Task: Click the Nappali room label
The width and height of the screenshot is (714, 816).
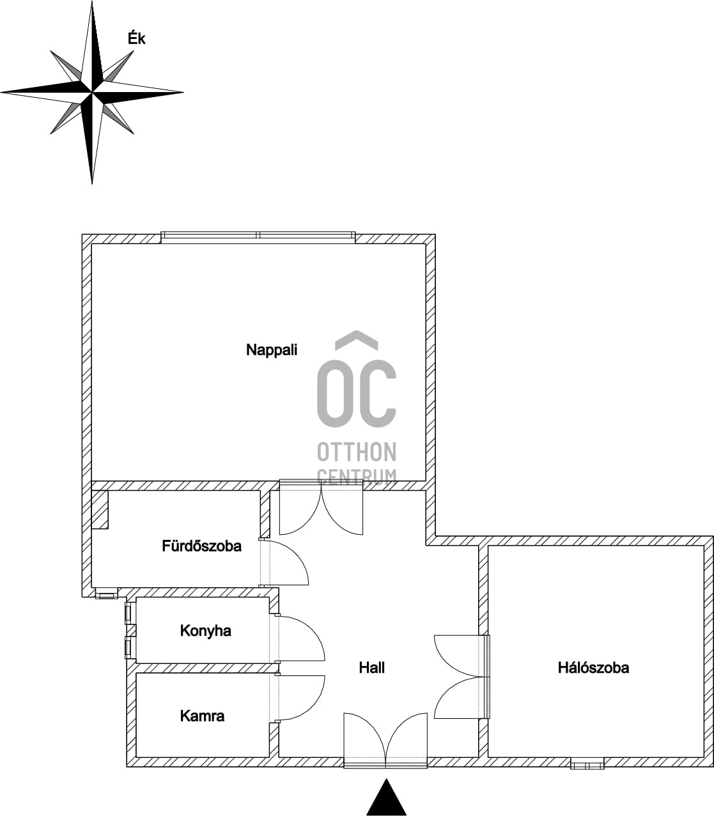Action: click(272, 350)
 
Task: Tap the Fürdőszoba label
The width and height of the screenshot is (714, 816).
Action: click(201, 546)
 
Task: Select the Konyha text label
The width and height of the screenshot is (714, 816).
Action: click(205, 631)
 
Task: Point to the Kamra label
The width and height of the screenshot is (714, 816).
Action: click(202, 716)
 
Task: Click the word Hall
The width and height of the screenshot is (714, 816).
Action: click(371, 668)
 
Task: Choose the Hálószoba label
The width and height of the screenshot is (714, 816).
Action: click(593, 668)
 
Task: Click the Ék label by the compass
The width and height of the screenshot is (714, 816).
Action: click(136, 39)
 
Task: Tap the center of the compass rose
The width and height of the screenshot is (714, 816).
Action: click(92, 93)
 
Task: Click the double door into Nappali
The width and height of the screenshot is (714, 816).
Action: click(322, 508)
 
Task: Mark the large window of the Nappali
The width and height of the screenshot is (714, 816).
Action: click(258, 236)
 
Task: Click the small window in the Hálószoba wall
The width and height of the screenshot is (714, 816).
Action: click(587, 764)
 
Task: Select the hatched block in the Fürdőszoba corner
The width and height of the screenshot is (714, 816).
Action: click(99, 509)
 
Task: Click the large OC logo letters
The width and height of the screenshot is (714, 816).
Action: click(357, 393)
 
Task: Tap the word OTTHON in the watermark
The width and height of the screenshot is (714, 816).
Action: click(357, 452)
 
